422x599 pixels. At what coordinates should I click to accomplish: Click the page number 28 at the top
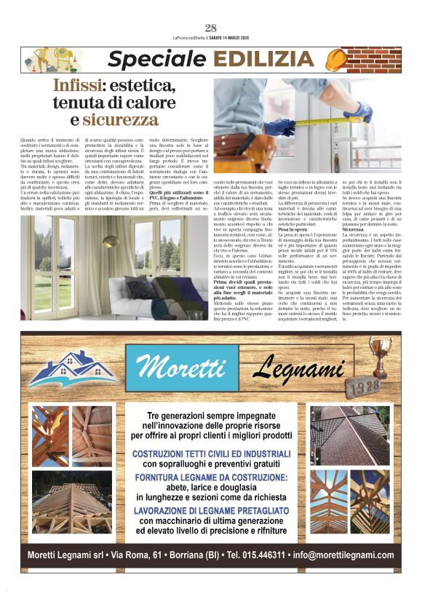211,28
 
